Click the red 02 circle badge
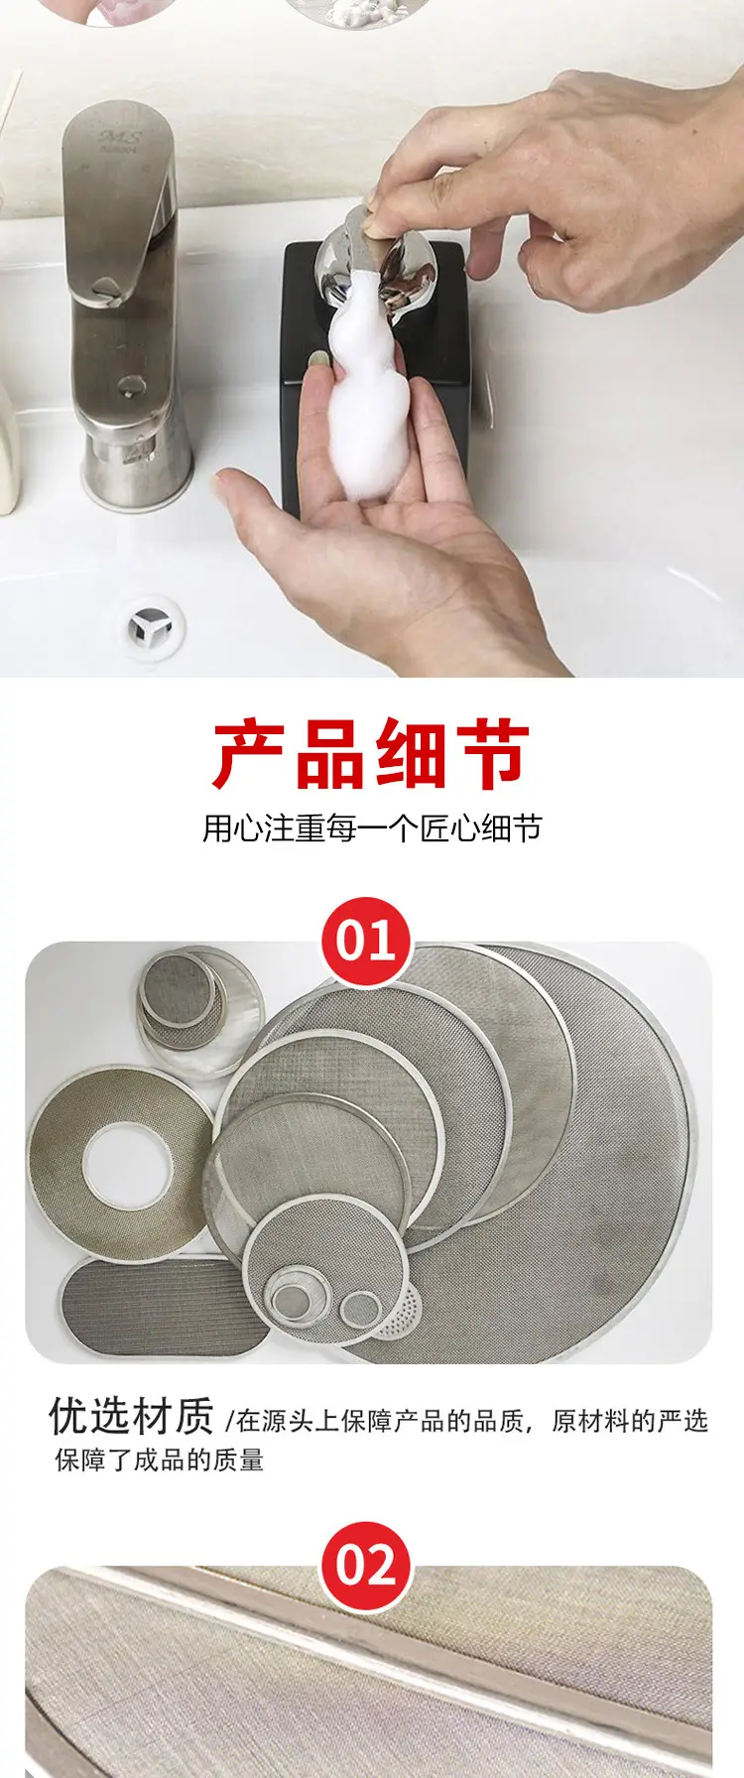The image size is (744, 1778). [x=366, y=1566]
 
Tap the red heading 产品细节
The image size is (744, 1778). [x=371, y=756]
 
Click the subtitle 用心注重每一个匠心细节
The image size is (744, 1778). [x=372, y=827]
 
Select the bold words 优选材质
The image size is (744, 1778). [x=131, y=1417]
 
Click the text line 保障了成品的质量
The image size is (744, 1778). [x=159, y=1460]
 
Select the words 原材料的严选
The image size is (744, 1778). [x=629, y=1421]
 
